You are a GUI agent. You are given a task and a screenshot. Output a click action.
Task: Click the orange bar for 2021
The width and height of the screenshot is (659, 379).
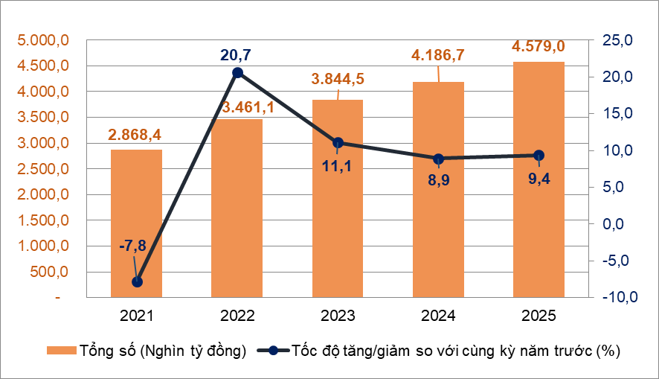[x=137, y=223]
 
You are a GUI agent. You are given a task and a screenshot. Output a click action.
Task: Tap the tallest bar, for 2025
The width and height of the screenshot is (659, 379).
[x=539, y=179]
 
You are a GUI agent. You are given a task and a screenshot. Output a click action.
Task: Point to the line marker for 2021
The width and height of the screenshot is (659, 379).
[x=137, y=282]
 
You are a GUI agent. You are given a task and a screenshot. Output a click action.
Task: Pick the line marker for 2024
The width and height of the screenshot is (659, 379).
[x=439, y=159]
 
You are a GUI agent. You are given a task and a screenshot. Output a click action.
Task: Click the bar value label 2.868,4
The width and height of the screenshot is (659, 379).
[x=137, y=135]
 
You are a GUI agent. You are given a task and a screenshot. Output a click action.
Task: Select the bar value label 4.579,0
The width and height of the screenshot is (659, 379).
[x=539, y=47]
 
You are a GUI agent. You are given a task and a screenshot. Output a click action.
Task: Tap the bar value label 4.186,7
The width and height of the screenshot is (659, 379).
[x=439, y=55]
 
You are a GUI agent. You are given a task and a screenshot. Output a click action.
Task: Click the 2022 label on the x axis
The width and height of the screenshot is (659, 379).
[x=237, y=316]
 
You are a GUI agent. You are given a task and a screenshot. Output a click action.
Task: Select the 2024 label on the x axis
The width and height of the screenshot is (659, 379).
[x=439, y=316]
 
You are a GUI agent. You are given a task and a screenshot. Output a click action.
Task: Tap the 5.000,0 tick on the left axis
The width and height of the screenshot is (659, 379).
[x=44, y=40]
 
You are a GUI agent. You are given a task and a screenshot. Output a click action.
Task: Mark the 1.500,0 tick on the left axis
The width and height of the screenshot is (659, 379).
[x=44, y=220]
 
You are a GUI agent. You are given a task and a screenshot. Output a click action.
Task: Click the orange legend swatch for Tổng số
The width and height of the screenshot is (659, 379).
[x=60, y=350]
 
